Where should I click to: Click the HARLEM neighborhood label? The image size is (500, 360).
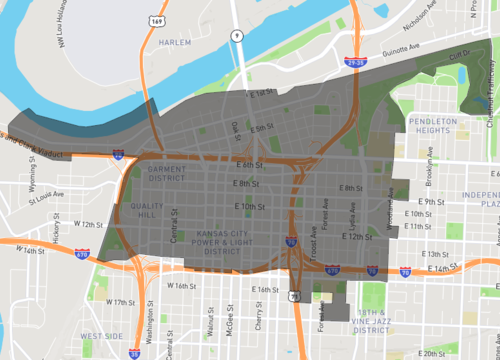pyautogui.click(x=175, y=42)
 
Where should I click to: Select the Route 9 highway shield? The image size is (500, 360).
pyautogui.click(x=236, y=35)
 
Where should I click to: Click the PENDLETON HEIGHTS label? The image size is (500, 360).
pyautogui.click(x=432, y=126)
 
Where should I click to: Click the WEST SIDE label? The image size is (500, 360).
pyautogui.click(x=102, y=335)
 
